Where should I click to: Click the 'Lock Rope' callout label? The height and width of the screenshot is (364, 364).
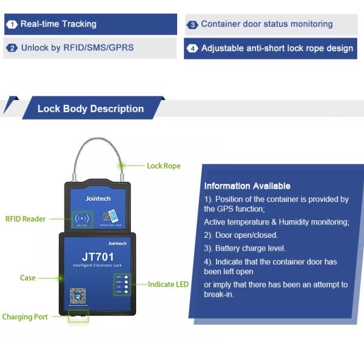(x=164, y=166)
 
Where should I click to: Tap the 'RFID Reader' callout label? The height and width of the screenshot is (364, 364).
(x=25, y=219)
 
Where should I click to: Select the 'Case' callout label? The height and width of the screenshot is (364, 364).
(x=28, y=278)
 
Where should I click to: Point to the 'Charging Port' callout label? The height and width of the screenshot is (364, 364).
(x=25, y=317)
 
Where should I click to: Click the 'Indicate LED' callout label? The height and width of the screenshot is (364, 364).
(x=168, y=284)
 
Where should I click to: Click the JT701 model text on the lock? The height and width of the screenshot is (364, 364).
(x=98, y=257)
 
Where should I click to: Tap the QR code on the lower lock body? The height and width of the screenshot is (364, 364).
(x=78, y=296)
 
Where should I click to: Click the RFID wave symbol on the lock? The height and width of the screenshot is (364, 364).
(x=80, y=218)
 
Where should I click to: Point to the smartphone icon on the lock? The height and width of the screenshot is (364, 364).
(x=110, y=217)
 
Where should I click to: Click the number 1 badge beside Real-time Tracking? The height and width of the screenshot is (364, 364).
(x=12, y=25)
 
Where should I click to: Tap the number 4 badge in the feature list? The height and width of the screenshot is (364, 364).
(x=192, y=49)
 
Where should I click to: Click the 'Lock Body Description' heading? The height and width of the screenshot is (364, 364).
(x=90, y=109)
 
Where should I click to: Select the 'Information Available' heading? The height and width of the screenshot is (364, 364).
(x=247, y=186)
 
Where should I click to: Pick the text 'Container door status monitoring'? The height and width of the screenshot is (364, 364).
(x=266, y=24)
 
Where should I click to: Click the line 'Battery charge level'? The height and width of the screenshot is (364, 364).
(x=244, y=248)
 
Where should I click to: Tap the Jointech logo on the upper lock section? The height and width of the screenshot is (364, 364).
(x=97, y=198)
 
